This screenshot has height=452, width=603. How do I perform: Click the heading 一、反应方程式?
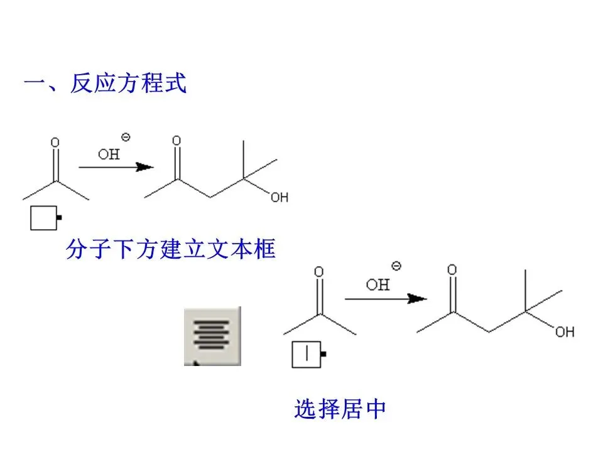105,83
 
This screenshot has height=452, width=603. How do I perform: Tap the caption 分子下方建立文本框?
171,250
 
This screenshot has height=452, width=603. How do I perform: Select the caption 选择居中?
340,409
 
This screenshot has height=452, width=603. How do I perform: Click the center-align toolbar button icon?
212,335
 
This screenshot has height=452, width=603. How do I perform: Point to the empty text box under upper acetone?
43,218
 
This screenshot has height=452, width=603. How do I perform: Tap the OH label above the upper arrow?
109,154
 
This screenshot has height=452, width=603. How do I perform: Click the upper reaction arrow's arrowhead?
145,167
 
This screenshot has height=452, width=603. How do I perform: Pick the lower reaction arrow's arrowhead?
417,298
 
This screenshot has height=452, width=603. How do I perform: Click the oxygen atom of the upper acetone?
55,143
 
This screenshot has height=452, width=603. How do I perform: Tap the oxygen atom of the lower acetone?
319,272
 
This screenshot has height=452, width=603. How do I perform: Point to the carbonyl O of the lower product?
452,270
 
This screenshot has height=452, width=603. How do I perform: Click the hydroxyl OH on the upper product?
280,198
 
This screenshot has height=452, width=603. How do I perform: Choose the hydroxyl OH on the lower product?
565,331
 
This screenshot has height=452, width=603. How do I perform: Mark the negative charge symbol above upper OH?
126,137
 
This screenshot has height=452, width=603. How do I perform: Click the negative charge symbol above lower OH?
396,266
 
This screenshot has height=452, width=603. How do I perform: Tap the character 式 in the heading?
175,83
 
